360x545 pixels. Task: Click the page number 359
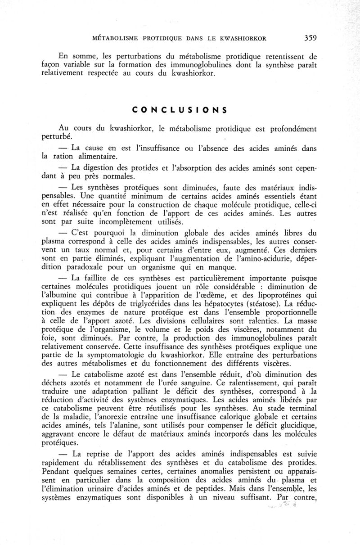coord(310,38)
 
